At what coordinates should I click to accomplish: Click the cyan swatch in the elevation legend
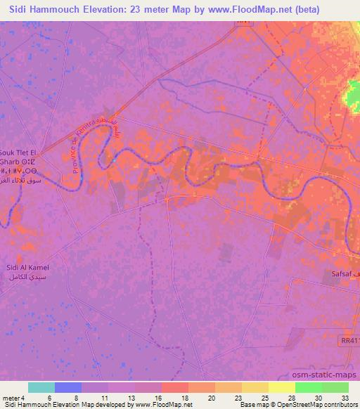click(x=41, y=387)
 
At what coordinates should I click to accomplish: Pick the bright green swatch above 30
click(x=309, y=387)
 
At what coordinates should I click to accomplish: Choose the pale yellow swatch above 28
click(x=282, y=387)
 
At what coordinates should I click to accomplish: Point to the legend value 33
click(x=344, y=398)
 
